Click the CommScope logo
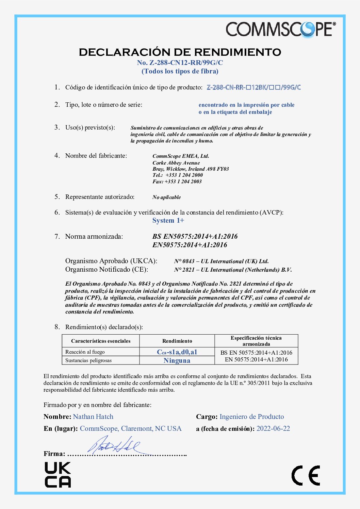point(280,29)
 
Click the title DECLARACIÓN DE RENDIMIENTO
point(180,52)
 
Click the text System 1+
point(168,221)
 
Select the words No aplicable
point(166,197)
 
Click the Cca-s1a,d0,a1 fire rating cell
point(177,352)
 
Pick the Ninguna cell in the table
point(177,360)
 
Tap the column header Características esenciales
point(101,341)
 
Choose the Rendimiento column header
point(177,341)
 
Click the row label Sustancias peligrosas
point(88,360)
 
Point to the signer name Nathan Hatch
point(93,417)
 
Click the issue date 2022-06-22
point(273,429)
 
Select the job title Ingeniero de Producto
point(252,417)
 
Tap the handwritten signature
point(114,445)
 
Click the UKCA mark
point(58,475)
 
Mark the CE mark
point(306,475)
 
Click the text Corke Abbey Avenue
point(176,163)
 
